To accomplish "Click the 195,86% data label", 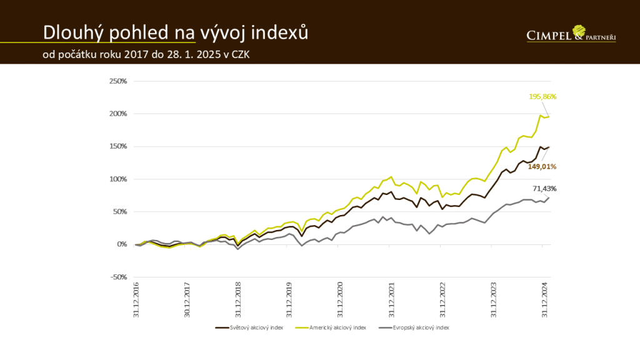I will [542, 97].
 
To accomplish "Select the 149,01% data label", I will [542, 167].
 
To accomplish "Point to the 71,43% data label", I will [544, 189].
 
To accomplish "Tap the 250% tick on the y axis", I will [118, 81].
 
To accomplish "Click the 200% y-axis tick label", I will [118, 114].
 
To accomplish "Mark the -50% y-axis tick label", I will [118, 277].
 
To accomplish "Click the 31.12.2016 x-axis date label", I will [136, 301].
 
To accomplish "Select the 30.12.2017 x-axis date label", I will [187, 301].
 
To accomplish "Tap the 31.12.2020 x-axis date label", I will [341, 301].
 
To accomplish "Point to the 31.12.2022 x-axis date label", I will [443, 301].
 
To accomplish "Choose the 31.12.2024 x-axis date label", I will [545, 301].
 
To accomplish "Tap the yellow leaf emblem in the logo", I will [579, 30].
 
